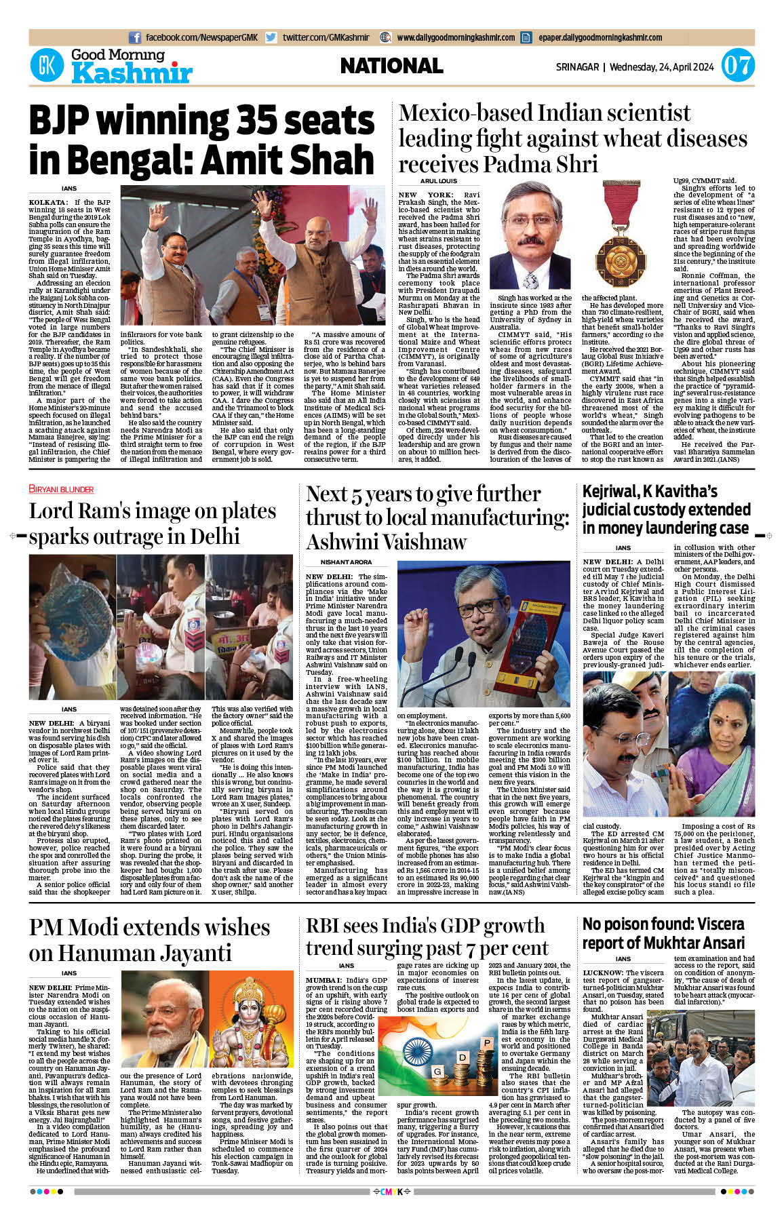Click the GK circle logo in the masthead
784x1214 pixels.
[47, 66]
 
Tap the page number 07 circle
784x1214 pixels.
[737, 66]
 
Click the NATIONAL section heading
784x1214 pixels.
[391, 66]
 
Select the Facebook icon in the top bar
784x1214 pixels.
[135, 37]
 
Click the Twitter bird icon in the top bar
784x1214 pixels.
[271, 37]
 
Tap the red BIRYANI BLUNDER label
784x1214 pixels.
[61, 489]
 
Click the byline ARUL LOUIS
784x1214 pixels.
[439, 181]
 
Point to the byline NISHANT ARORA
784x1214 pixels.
[346, 562]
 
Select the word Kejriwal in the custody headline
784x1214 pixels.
[608, 491]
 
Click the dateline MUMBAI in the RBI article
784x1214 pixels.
[322, 980]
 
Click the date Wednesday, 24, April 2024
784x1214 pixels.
[661, 67]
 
